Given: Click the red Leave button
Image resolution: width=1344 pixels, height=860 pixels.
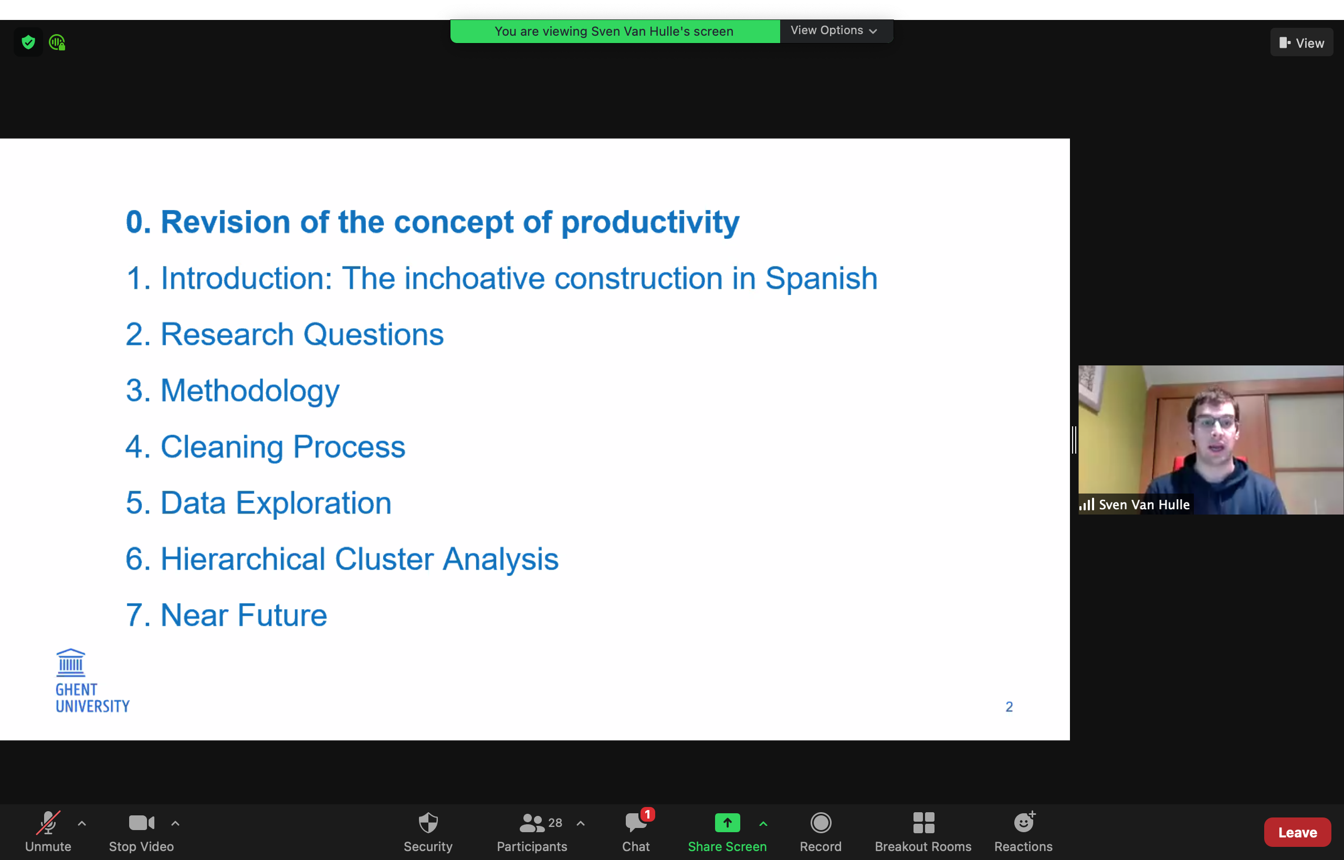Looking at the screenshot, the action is pos(1297,832).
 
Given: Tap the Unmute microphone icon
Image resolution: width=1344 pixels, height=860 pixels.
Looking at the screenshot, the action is pos(48,823).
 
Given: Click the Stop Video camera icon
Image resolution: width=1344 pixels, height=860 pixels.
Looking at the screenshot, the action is pos(141,823).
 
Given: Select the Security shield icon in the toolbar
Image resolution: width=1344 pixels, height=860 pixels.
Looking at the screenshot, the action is pos(428,823).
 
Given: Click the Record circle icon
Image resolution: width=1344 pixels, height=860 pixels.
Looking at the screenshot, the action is pos(821,823).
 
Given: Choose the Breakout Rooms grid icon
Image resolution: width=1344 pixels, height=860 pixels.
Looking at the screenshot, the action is pos(923,823).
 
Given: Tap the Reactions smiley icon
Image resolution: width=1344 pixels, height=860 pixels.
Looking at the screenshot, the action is pos(1024,822).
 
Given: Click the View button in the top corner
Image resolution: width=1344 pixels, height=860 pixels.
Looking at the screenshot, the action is pos(1301,43).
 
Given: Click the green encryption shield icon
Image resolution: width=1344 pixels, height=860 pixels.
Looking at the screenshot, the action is pos(28,42).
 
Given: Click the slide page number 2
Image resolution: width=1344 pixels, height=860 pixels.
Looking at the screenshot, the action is pos(1009,707).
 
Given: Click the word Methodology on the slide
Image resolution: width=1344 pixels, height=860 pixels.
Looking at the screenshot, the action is pos(250,391).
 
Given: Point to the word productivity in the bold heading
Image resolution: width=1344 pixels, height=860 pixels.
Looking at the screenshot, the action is pos(650,223).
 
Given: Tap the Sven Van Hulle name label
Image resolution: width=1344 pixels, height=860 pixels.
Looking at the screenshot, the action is pos(1144,504).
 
